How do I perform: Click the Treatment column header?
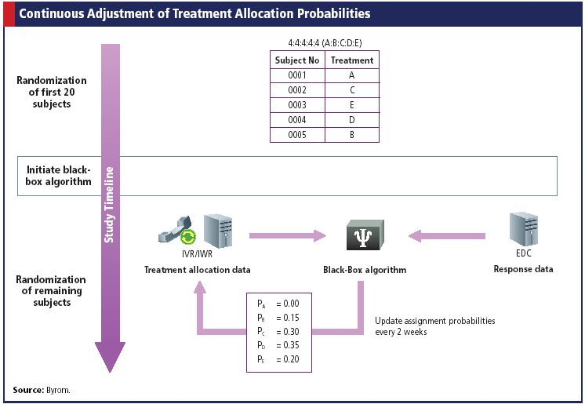(x=352, y=60)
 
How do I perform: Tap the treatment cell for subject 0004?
(x=352, y=120)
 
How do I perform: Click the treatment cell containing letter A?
(x=352, y=75)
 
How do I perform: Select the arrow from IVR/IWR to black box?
(x=286, y=234)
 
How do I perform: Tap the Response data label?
(x=522, y=270)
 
